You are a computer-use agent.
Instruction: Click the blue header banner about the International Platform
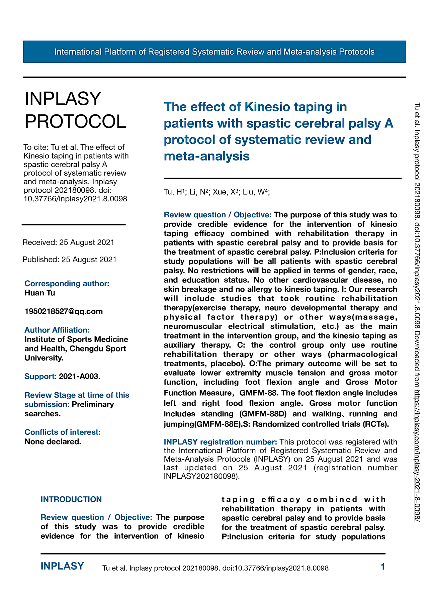[x=214, y=52]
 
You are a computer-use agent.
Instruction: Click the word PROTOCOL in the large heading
[x=76, y=121]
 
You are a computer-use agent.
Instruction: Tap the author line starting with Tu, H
[x=217, y=192]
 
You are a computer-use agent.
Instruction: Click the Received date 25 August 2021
[x=87, y=242]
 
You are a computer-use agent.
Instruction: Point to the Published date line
[x=69, y=260]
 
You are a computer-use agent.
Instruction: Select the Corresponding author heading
[x=67, y=284]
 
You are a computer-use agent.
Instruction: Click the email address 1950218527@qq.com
[x=64, y=311]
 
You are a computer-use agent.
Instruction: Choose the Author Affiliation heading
[x=57, y=330]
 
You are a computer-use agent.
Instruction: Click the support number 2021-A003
[x=79, y=377]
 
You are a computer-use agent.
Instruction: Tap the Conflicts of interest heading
[x=62, y=432]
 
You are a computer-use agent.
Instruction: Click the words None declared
[x=53, y=441]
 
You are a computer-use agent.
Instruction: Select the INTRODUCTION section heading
[x=71, y=499]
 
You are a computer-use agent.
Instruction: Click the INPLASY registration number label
[x=220, y=442]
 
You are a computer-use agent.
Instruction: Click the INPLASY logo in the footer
[x=62, y=566]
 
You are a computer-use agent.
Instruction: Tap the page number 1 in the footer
[x=383, y=567]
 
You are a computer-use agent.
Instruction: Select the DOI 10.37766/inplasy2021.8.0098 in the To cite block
[x=75, y=199]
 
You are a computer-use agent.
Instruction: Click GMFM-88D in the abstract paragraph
[x=263, y=414]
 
